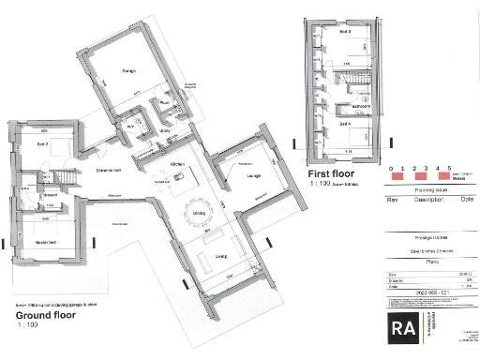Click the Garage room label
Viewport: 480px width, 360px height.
point(127,71)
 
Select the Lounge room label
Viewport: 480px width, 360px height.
point(253,175)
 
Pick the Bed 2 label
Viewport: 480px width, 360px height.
point(42,144)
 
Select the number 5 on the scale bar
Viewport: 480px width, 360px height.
point(450,168)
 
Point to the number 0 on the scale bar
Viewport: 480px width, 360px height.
point(388,168)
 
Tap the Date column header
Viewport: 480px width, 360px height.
point(466,200)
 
